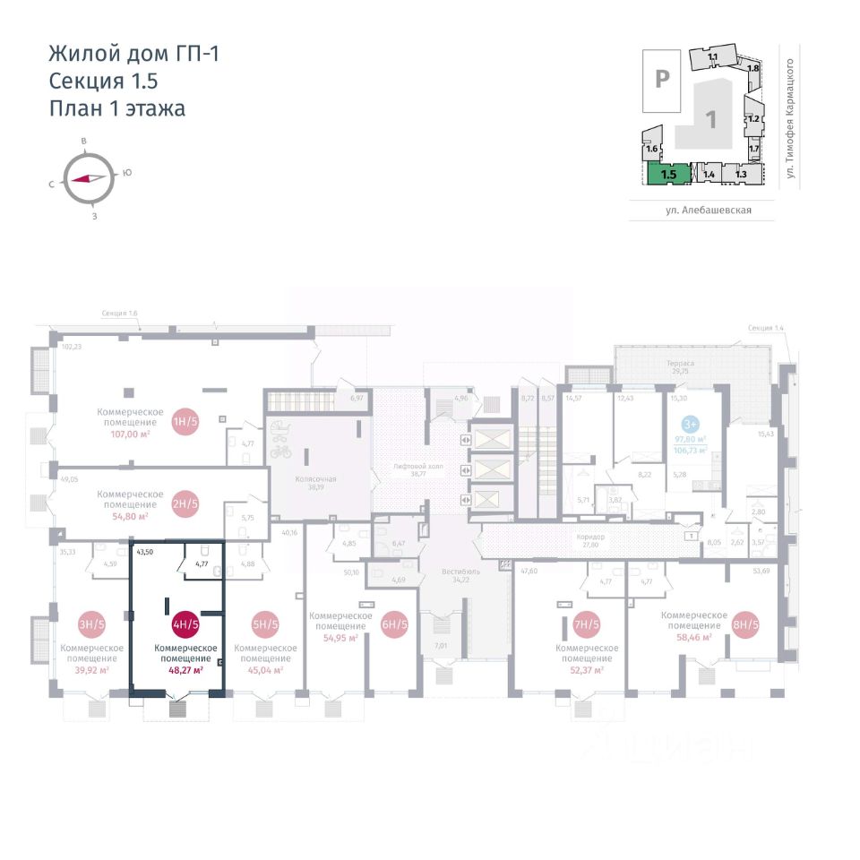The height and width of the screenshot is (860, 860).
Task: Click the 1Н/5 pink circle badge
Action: (185, 420)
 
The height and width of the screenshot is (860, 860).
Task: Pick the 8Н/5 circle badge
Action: (745, 625)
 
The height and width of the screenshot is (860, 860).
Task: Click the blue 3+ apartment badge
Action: (691, 424)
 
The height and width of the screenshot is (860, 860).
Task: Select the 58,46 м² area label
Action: (694, 637)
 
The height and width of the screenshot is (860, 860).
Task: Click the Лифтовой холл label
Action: (414, 468)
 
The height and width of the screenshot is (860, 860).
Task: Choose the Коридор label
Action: (591, 537)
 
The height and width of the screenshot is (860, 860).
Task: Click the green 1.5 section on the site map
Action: (669, 173)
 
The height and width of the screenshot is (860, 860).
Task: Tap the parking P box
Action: (662, 79)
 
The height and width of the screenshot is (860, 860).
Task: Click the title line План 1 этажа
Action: (116, 109)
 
